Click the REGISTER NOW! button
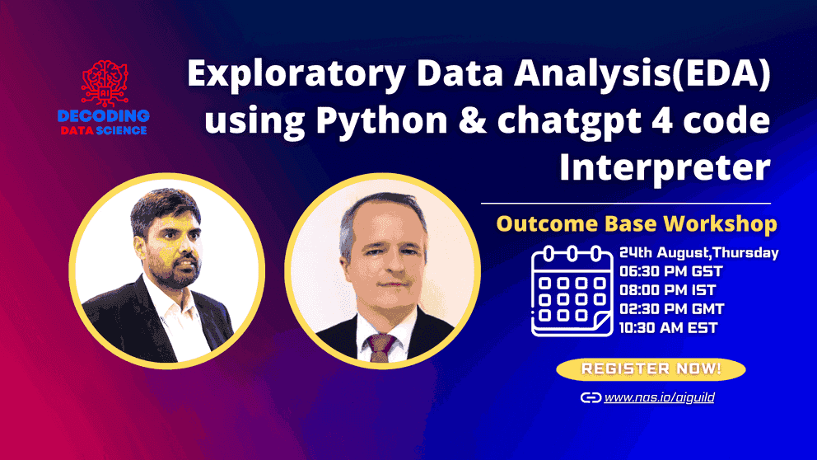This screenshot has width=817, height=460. pos(651,369)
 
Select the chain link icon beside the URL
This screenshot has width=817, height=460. pos(591,398)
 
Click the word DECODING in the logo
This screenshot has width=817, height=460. pos(105,115)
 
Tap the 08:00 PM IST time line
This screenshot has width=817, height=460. pos(666,290)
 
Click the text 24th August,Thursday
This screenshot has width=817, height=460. pos(698,252)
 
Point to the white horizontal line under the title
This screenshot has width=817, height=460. pos(626,203)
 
